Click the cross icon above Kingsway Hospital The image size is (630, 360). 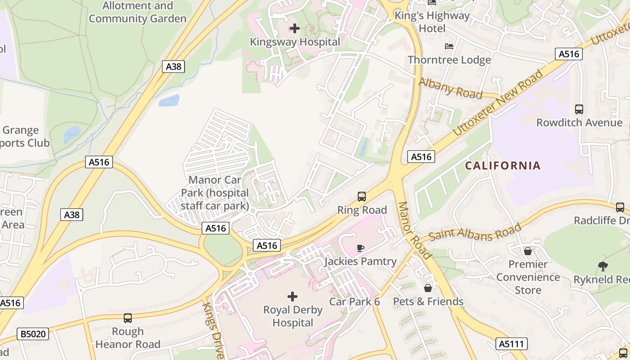[295, 29]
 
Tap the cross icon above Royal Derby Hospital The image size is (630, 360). [292, 297]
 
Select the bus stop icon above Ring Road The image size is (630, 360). [362, 197]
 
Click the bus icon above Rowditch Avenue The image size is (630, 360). [579, 109]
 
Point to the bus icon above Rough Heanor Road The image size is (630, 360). [128, 318]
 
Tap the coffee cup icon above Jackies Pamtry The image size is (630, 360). [360, 248]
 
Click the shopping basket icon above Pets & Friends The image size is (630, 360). [428, 288]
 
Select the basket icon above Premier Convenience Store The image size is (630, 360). [528, 251]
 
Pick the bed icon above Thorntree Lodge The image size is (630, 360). [449, 46]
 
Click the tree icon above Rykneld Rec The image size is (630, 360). [603, 266]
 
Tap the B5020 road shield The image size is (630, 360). [33, 334]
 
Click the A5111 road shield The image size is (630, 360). [512, 344]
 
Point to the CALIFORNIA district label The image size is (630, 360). [503, 166]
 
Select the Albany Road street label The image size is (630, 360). [450, 88]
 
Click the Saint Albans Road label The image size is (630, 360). [475, 231]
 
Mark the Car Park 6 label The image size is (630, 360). [355, 301]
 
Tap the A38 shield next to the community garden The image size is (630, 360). [173, 67]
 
